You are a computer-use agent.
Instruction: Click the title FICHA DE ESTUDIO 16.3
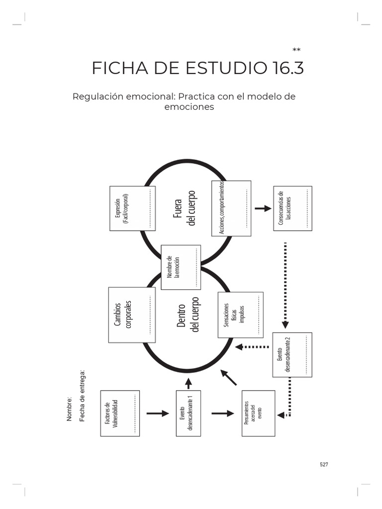point(197,69)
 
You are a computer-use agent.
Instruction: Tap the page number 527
point(324,464)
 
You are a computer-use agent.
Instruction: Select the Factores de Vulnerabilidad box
point(120,414)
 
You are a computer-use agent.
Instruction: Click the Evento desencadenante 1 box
point(188,413)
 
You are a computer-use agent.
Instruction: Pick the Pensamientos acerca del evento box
point(258,414)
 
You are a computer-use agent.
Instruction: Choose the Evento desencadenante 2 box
point(292,355)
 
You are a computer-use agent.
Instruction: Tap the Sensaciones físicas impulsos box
point(241,315)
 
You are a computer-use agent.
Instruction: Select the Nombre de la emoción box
point(181,267)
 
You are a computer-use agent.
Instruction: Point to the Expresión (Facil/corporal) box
point(132,208)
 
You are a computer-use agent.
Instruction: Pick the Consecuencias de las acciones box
point(292,208)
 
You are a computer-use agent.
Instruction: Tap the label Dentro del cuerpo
point(188,315)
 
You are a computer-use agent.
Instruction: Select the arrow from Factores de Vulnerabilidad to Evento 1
point(158,413)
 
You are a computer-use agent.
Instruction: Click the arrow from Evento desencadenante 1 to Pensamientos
point(222,413)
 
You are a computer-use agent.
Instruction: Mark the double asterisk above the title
point(296,50)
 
